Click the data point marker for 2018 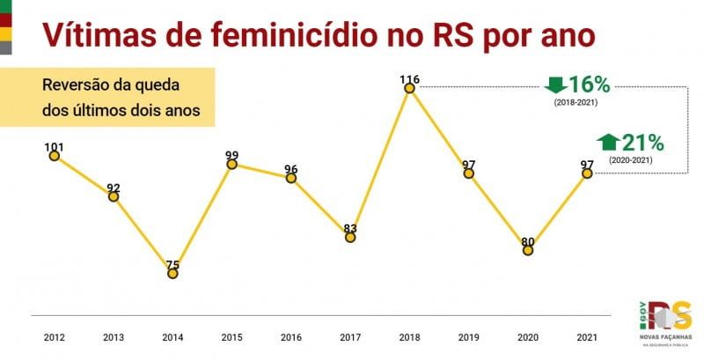point(409,87)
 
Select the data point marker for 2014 point(172,274)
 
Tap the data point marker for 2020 point(528,250)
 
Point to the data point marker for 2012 point(54,156)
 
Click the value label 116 point(409,79)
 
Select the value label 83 point(350,228)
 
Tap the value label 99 point(231,156)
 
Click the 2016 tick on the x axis point(290,337)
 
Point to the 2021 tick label point(587,337)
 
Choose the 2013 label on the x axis point(114,337)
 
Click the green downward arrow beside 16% point(555,84)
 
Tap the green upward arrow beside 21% point(607,142)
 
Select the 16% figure point(589,84)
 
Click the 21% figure point(642,142)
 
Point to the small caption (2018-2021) point(577,104)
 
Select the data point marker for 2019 point(469,173)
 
